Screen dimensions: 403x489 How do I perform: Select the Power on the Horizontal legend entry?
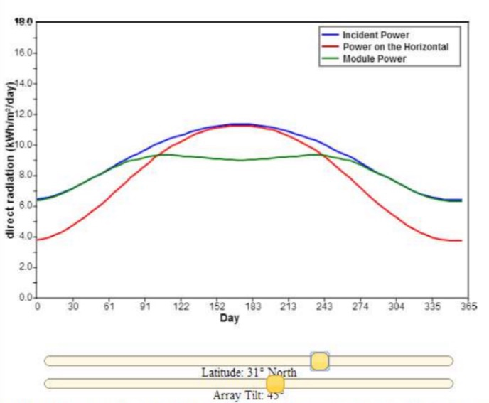pos(395,47)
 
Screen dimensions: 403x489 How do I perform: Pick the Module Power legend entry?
pos(375,59)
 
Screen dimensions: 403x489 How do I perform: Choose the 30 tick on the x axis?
pos(73,307)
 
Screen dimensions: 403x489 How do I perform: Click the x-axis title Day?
pos(229,318)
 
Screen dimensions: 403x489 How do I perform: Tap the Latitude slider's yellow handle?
pos(320,361)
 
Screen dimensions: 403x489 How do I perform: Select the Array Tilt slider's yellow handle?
pos(275,384)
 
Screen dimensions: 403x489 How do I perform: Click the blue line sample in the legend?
pos(329,35)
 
